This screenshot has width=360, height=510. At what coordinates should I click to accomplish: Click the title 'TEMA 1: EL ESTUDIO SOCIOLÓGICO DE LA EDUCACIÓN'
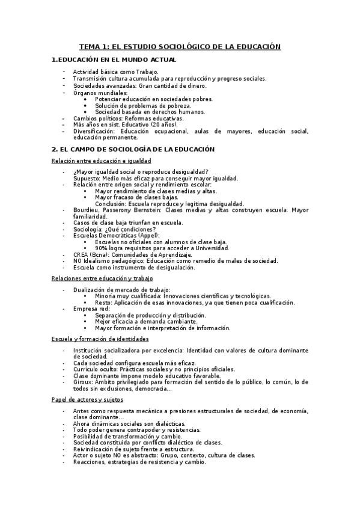pos(180,46)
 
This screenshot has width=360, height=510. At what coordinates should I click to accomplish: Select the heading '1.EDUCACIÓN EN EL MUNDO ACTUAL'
pos(114,60)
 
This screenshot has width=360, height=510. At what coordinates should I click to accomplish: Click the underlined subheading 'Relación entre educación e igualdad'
pos(100,161)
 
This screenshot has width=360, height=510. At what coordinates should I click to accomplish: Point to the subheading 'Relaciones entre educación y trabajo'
pos(102,278)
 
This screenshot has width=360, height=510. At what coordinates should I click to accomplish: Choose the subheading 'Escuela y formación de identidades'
pos(100,339)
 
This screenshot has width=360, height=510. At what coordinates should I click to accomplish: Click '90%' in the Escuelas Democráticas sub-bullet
pos(102,248)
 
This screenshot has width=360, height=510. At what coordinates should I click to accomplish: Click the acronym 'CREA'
pos(81,254)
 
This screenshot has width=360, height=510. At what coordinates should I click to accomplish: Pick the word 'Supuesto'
pos(86,178)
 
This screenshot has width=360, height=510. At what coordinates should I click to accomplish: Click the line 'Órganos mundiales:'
pos(100,93)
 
